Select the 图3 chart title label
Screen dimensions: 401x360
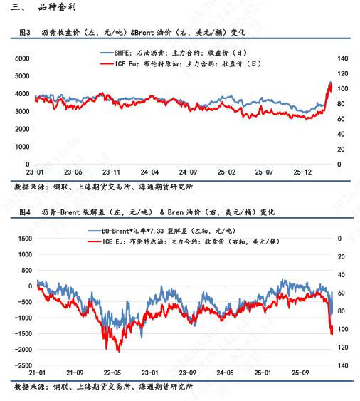[x=23, y=33]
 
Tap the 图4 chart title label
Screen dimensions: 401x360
[x=23, y=212]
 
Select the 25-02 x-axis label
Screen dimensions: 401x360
[x=226, y=172]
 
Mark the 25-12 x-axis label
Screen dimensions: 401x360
[x=304, y=172]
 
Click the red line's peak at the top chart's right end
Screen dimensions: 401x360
[x=330, y=83]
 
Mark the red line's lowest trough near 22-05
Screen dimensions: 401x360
[x=118, y=351]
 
